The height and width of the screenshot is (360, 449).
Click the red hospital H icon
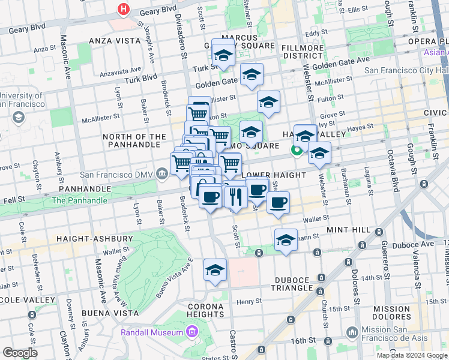(124, 9)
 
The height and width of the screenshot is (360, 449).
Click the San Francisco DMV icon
(163, 175)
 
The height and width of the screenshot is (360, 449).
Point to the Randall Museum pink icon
(192, 332)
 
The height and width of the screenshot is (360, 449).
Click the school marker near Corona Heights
(214, 271)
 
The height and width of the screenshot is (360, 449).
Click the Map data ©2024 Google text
(411, 355)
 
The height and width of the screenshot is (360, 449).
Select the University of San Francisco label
(22, 100)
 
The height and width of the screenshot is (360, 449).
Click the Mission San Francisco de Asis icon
(352, 331)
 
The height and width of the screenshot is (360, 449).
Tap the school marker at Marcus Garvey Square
(223, 55)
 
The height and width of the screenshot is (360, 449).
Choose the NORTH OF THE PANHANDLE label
(134, 141)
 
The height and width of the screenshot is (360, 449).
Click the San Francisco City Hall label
(405, 70)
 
